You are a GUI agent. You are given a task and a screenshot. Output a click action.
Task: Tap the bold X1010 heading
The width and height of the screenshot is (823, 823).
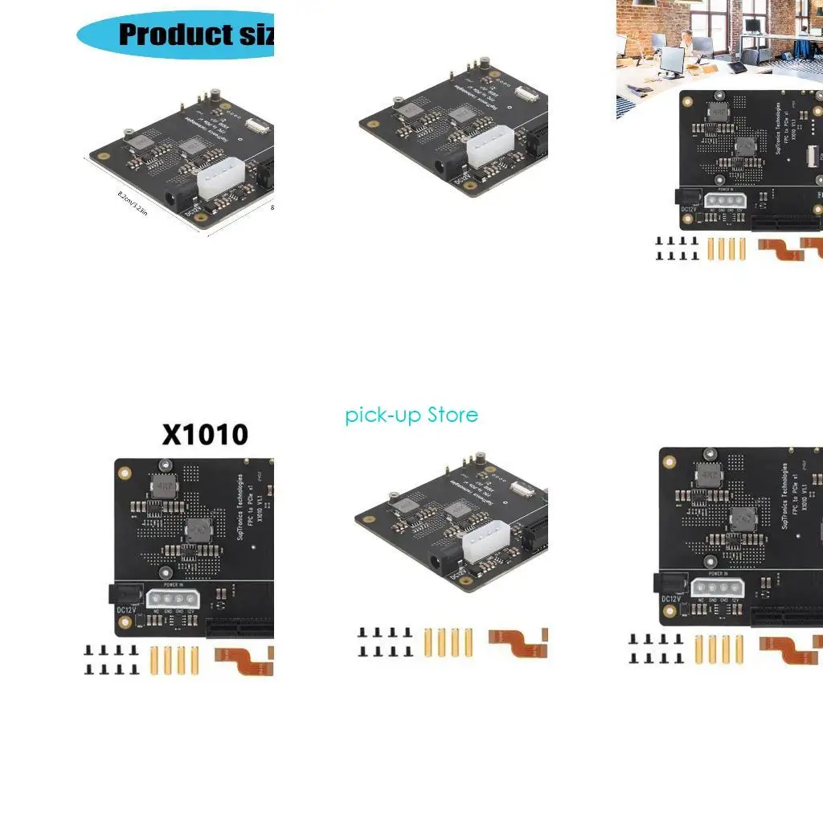(205, 435)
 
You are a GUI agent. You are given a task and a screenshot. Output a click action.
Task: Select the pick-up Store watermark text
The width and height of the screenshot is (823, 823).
(411, 415)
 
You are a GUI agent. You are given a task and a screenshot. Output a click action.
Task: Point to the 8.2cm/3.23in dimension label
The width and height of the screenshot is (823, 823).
(133, 204)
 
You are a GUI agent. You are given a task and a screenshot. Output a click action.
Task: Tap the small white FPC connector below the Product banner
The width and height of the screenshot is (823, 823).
(256, 125)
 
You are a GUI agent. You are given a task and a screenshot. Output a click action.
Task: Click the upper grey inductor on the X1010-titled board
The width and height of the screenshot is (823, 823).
(164, 486)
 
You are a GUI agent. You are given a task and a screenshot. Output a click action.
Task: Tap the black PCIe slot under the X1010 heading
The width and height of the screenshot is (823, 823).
(241, 629)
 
